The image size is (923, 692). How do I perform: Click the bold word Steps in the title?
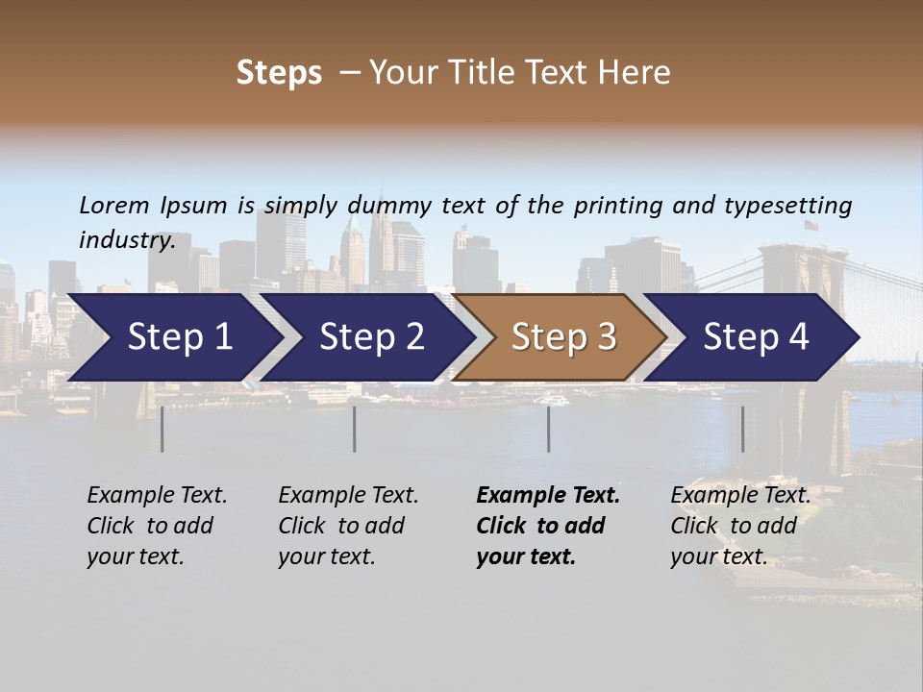279,73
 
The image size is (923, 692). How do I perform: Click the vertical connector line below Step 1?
162,429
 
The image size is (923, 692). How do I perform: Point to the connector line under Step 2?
355,429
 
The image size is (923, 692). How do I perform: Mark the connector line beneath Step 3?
549,429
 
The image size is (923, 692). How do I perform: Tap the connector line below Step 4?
742,429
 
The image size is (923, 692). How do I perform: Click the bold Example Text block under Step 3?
548,526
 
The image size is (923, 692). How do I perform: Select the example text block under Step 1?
157,526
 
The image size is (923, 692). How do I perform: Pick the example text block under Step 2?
348,526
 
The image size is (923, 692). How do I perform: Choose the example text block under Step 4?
740,526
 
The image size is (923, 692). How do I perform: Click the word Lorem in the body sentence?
114,206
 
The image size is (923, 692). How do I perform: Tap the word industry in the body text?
126,240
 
